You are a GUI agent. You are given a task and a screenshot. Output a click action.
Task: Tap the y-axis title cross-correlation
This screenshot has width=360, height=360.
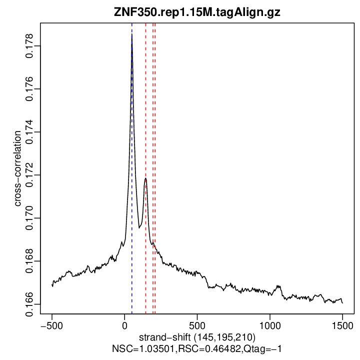tap(17, 168)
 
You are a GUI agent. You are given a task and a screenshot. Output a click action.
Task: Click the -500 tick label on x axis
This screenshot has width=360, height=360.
tap(51, 324)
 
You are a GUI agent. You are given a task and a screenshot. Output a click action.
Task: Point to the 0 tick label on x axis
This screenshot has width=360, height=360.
tap(124, 324)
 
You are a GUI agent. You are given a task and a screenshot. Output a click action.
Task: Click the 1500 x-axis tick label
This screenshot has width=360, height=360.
tap(342, 324)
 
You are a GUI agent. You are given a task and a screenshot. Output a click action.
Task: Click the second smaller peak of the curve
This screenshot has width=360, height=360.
tap(145, 178)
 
